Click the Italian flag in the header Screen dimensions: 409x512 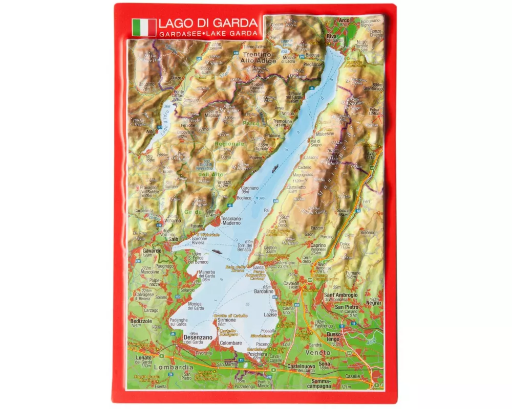coord(144,27)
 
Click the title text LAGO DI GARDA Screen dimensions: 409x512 coord(207,23)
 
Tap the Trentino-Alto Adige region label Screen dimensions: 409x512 coord(259,57)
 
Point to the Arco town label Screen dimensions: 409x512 coord(344,21)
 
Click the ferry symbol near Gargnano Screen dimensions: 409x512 coord(276,167)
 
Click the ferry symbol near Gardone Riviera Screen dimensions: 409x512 coord(216,251)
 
